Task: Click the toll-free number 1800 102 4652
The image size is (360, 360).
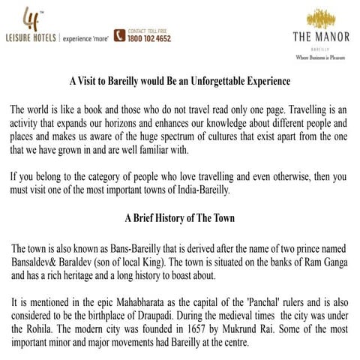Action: tap(149, 37)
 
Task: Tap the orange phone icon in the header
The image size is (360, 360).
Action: tap(119, 34)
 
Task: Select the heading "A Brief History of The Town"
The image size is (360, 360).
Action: tap(179, 219)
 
